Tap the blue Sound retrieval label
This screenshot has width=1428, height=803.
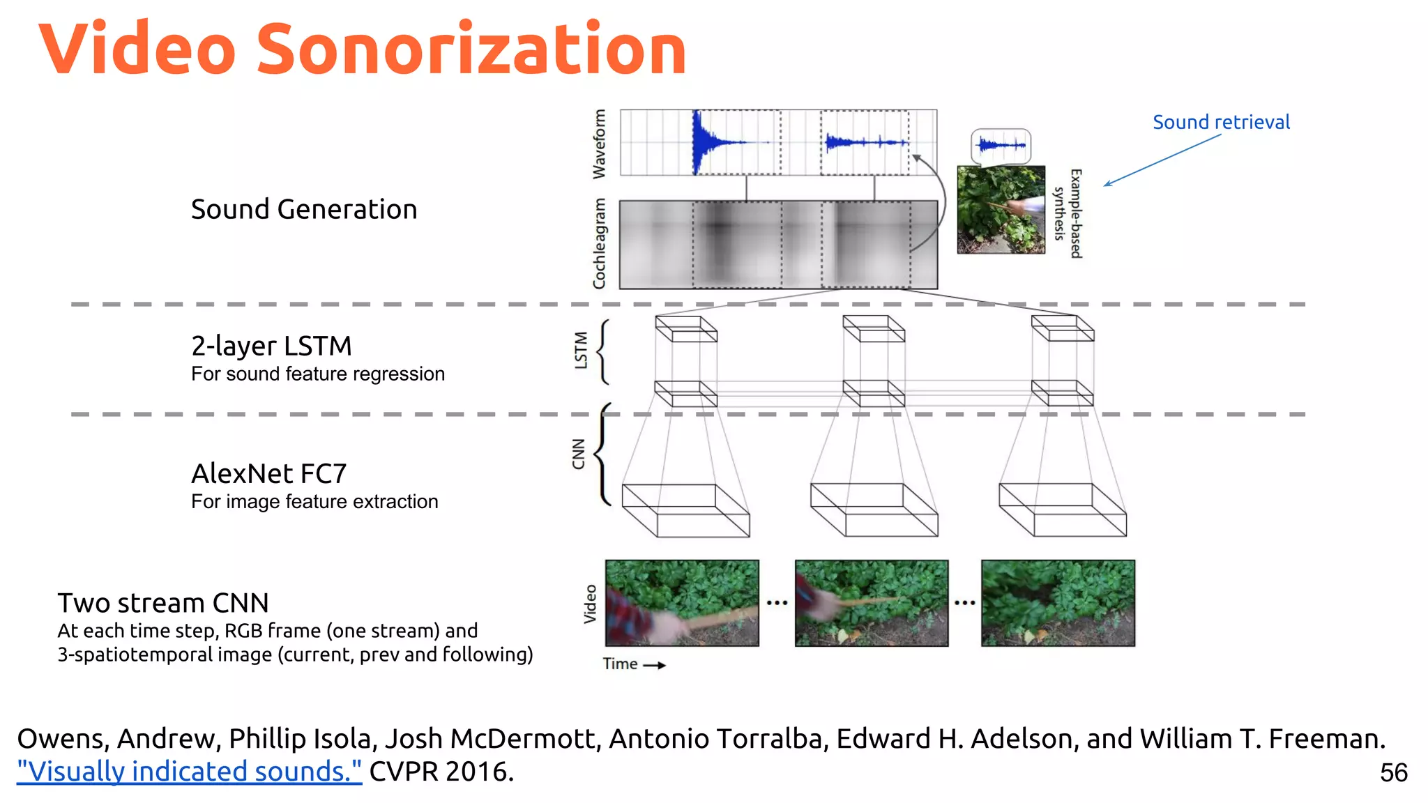pyautogui.click(x=1221, y=122)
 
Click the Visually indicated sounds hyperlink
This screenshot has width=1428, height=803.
pyautogui.click(x=189, y=772)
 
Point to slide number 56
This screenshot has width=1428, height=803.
pyautogui.click(x=1393, y=772)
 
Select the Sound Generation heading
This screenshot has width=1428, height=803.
pyautogui.click(x=304, y=209)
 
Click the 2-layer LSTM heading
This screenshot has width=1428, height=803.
pyautogui.click(x=271, y=346)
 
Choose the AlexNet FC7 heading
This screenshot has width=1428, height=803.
pyautogui.click(x=268, y=473)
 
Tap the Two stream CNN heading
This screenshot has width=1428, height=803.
pyautogui.click(x=162, y=602)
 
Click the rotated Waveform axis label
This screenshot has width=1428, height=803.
pyautogui.click(x=599, y=144)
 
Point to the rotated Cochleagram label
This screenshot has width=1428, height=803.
pyautogui.click(x=599, y=243)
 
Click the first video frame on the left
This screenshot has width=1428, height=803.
pyautogui.click(x=682, y=603)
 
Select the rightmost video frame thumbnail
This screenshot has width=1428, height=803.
pyautogui.click(x=1058, y=603)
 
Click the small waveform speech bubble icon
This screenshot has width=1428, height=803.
pyautogui.click(x=1001, y=146)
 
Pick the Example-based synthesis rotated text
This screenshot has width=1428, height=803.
pyautogui.click(x=1068, y=213)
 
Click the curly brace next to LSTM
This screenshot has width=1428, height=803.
pyautogui.click(x=604, y=352)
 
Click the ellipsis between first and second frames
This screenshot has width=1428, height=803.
pyautogui.click(x=777, y=603)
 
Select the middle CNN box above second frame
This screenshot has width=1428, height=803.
pyautogui.click(x=874, y=510)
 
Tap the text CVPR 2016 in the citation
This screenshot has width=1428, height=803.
pyautogui.click(x=441, y=772)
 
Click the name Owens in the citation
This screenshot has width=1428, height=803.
pyautogui.click(x=62, y=739)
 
